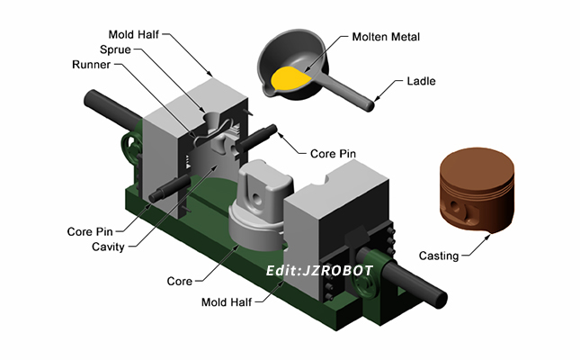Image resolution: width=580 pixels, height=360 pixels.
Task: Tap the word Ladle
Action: (420, 81)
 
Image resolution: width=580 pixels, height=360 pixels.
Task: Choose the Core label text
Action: (180, 282)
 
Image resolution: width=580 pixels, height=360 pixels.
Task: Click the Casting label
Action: (439, 256)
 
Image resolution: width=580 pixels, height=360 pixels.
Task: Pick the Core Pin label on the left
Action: (90, 231)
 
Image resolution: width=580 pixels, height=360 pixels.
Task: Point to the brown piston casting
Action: (475, 191)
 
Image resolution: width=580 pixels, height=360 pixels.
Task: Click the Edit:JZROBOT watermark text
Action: (305, 268)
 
